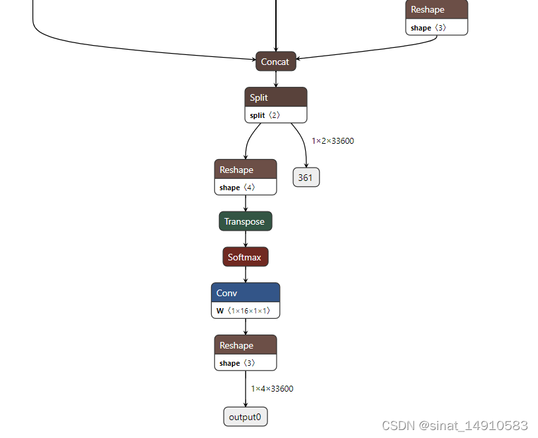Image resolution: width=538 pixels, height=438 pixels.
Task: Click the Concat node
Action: tap(275, 62)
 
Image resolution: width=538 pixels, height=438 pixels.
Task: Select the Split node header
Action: tap(275, 97)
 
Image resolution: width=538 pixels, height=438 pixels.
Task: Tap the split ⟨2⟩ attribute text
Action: tap(265, 115)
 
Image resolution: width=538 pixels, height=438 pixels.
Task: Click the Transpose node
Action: tap(245, 221)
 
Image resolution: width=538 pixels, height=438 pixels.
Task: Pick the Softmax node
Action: tap(245, 257)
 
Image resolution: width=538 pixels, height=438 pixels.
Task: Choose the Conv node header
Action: tap(245, 293)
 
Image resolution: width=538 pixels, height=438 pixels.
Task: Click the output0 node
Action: tap(245, 417)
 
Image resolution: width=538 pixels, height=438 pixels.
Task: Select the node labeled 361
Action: tap(306, 178)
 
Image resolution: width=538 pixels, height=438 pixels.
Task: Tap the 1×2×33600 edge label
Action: tap(333, 141)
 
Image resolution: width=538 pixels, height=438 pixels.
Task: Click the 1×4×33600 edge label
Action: tap(272, 389)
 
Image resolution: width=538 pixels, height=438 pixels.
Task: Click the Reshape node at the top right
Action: tap(436, 10)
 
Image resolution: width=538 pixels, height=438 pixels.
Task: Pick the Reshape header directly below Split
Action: tap(245, 170)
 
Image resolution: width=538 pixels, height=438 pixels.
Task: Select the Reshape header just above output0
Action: tap(245, 345)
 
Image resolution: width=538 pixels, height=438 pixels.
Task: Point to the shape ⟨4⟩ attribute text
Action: tap(237, 188)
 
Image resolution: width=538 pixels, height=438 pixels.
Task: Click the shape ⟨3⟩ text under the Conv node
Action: tap(237, 363)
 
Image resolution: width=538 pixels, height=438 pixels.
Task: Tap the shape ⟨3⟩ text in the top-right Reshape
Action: tap(428, 28)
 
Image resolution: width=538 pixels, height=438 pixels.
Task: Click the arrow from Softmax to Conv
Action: tap(246, 274)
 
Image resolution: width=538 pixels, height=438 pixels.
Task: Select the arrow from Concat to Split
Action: tap(276, 79)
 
